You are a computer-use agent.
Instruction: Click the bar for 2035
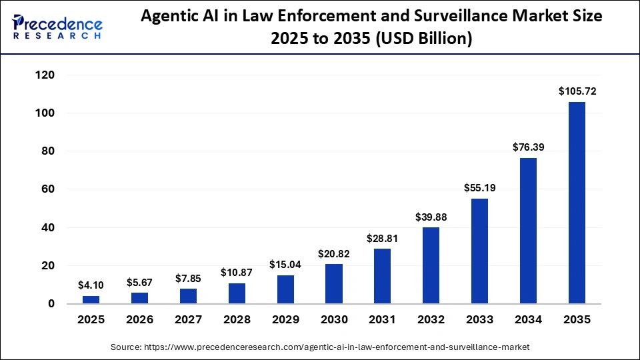[577, 203]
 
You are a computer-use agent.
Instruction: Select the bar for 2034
[528, 231]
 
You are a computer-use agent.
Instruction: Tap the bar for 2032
[431, 265]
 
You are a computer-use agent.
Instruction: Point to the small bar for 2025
[91, 300]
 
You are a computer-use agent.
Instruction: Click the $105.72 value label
[577, 90]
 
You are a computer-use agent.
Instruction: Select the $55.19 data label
[480, 187]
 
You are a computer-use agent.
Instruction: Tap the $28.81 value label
[383, 237]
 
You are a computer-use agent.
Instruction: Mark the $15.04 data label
[285, 264]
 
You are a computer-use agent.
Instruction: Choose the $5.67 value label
[140, 282]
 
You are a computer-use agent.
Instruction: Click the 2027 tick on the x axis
[189, 319]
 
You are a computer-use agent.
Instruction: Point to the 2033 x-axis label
[480, 319]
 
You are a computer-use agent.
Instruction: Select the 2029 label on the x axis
[285, 319]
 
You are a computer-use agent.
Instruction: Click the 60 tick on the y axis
[47, 189]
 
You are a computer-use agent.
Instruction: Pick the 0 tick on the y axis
[51, 304]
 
